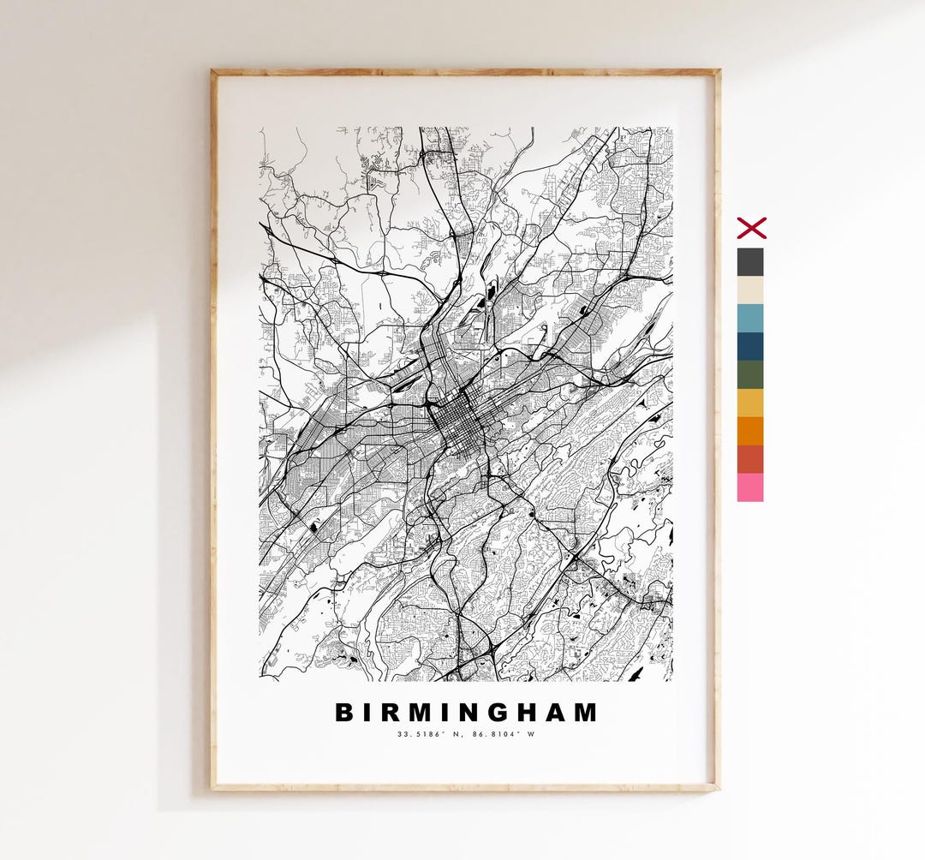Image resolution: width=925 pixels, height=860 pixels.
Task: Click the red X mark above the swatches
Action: pyautogui.click(x=751, y=228)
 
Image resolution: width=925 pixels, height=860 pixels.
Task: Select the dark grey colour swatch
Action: pyautogui.click(x=750, y=261)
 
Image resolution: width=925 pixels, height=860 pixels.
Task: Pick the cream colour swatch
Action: pyautogui.click(x=750, y=290)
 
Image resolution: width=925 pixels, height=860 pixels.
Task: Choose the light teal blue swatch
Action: pyautogui.click(x=750, y=318)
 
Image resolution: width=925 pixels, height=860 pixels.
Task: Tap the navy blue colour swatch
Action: pyautogui.click(x=750, y=346)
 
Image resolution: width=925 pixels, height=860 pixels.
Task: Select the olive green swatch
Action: pyautogui.click(x=750, y=374)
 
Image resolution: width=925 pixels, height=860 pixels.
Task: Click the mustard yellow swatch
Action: pyautogui.click(x=750, y=403)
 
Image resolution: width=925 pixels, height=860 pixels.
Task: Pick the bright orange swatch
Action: pyautogui.click(x=750, y=431)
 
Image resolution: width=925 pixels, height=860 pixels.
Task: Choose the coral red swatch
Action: pyautogui.click(x=750, y=459)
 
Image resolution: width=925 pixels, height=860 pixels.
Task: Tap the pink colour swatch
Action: pyautogui.click(x=750, y=487)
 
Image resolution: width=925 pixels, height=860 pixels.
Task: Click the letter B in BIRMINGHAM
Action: pyautogui.click(x=344, y=713)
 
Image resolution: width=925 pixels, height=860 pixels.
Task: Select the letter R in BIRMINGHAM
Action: pyautogui.click(x=389, y=713)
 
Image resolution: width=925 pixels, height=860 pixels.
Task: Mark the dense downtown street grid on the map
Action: pyautogui.click(x=456, y=422)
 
